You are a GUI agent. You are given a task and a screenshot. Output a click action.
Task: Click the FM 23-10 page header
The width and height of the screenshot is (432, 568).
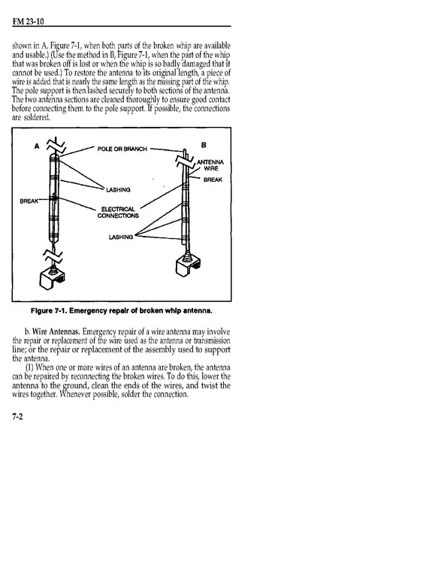tap(28, 22)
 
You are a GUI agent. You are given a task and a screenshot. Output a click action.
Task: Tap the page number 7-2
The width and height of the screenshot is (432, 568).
tap(17, 416)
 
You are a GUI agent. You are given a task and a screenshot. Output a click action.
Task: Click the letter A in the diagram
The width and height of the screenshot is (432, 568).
tap(37, 147)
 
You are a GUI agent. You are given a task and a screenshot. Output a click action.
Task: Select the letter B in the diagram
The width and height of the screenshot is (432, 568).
tap(204, 145)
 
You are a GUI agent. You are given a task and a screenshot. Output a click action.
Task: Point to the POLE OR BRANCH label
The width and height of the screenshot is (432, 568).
tap(122, 149)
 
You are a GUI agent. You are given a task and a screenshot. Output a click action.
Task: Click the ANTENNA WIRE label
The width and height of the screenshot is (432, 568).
tap(210, 165)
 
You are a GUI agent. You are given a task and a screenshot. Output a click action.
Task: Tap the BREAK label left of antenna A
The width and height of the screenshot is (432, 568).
tap(29, 201)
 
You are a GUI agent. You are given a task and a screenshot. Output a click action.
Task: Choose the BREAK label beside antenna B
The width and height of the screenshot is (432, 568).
tap(213, 180)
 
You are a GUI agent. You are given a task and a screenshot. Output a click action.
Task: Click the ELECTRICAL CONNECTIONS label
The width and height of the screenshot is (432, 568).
tap(118, 213)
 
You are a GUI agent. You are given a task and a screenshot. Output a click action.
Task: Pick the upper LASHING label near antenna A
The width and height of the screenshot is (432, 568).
tap(118, 190)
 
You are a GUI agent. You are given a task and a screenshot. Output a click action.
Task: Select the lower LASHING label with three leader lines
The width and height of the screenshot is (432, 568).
tap(121, 237)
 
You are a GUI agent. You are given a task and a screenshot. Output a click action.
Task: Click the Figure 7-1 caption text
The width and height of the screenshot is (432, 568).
tap(122, 311)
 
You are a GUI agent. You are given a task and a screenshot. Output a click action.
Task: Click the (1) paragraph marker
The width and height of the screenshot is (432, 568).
tap(30, 367)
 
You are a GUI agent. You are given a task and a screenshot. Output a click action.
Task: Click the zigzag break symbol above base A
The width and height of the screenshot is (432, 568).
tap(53, 256)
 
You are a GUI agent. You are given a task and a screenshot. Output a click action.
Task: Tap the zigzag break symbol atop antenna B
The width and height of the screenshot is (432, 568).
tap(185, 162)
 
